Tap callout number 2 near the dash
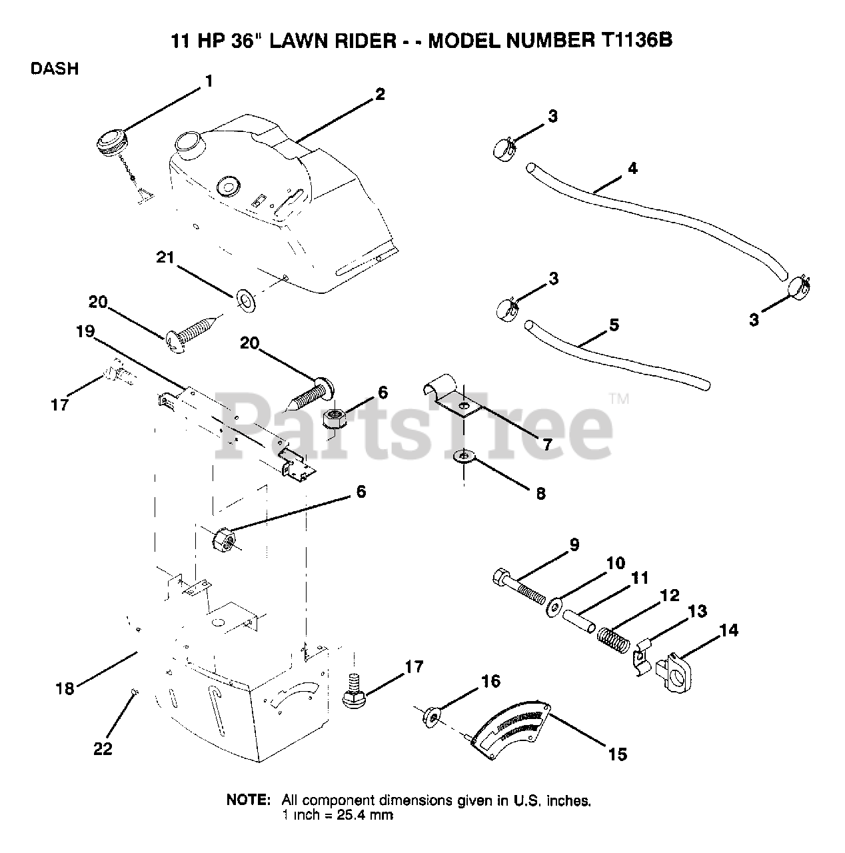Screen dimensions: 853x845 (x=379, y=94)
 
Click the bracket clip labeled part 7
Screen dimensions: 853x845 (x=453, y=399)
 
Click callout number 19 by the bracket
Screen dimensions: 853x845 (x=86, y=332)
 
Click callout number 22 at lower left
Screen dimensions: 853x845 (x=103, y=749)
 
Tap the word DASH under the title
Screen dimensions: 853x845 (x=55, y=68)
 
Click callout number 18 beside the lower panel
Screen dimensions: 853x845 (x=65, y=689)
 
